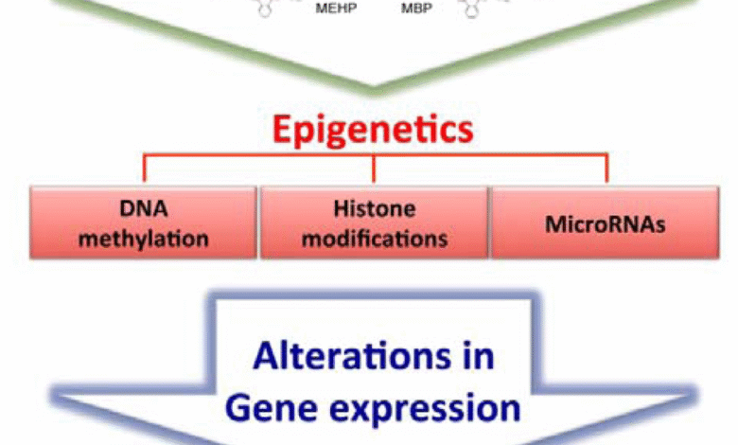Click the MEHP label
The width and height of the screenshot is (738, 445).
336,8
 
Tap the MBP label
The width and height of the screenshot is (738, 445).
416,8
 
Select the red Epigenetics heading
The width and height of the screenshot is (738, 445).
373,130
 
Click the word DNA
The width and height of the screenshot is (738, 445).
144,208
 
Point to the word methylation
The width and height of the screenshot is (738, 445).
144,239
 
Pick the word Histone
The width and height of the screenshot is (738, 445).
375,208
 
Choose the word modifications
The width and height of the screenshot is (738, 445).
375,239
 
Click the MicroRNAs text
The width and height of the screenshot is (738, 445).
606,224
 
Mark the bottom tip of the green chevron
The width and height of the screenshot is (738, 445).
373,92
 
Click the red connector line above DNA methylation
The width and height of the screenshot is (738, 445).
145,168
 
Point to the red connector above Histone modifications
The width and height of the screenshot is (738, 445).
374,168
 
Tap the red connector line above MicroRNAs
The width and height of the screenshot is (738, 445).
606,168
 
